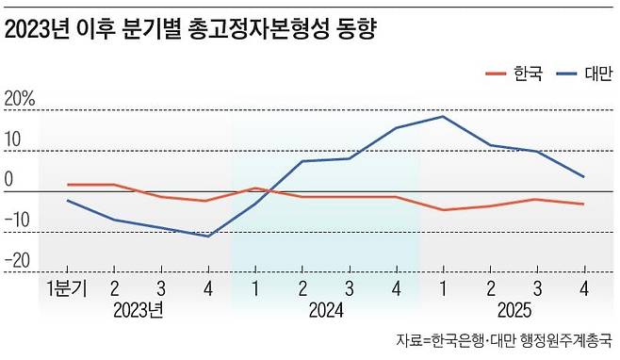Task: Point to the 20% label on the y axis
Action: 20,98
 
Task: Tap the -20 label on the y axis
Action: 21,261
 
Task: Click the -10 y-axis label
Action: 21,221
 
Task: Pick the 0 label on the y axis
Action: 9,179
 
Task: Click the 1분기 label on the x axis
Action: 66,288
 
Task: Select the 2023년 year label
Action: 139,310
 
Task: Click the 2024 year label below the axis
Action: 325,310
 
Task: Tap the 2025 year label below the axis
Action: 513,310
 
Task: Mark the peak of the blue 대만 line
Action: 443,116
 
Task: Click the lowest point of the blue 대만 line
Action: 207,236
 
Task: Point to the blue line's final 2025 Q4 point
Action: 583,176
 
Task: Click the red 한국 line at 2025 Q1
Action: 443,209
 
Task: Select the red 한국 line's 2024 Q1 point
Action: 254,188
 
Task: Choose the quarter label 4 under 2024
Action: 396,288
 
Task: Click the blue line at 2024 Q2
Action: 302,161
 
